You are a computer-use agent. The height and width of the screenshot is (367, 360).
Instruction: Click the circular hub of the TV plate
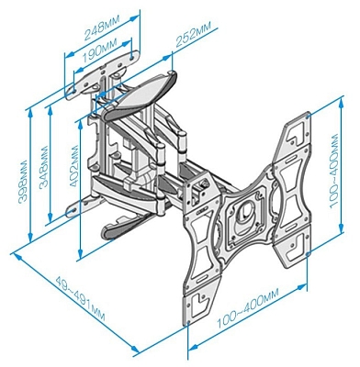pos(245,216)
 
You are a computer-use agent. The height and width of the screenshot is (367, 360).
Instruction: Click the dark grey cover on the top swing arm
pos(147,91)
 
